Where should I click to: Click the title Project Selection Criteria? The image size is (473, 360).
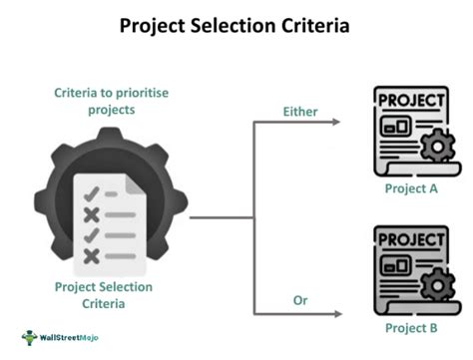pos(236,24)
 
